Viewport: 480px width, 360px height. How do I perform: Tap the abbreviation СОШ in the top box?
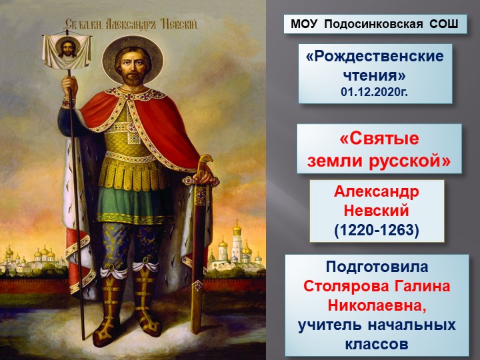tap(443, 25)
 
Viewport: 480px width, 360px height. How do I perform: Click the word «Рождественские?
tap(375, 57)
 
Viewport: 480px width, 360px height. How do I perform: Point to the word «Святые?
tap(379, 141)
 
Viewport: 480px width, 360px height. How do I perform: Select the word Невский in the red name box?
tap(377, 211)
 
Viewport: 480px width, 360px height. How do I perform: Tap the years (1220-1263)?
tap(377, 230)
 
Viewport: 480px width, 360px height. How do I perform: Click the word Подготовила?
tap(377, 267)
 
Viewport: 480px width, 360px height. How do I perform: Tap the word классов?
tap(377, 345)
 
